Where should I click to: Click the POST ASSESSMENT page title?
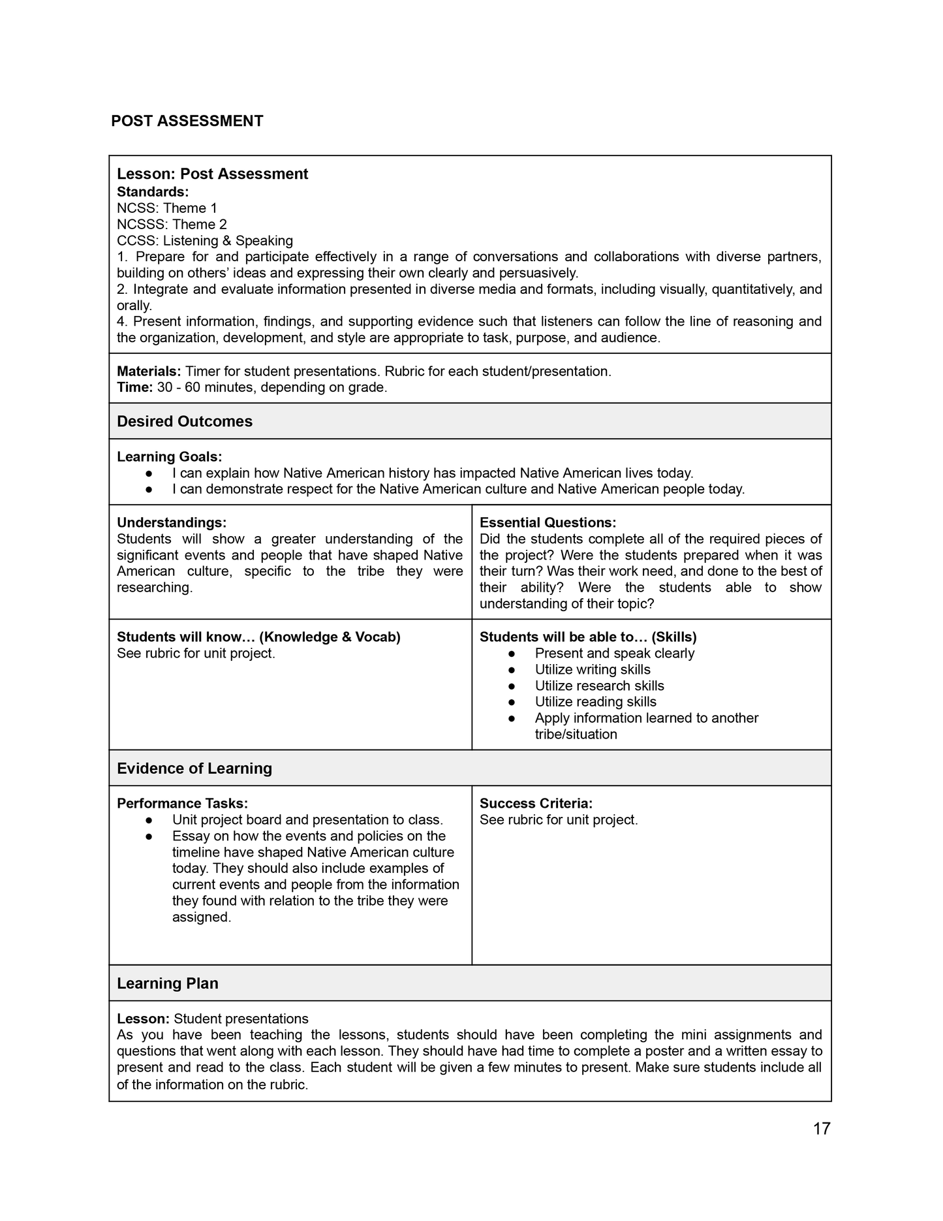(187, 121)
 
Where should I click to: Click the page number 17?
(822, 1128)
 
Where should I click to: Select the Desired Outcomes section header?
(185, 421)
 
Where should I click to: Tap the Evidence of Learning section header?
(194, 768)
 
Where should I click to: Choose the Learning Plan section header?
(168, 983)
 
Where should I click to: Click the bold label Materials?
(149, 372)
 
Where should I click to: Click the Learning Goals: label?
(169, 457)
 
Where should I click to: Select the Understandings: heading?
(172, 523)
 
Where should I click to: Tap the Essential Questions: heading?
(548, 523)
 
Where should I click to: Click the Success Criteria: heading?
(536, 804)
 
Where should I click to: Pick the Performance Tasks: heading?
(182, 804)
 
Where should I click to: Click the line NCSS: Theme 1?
(167, 208)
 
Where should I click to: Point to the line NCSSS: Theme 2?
(172, 225)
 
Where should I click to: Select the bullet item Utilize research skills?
(599, 686)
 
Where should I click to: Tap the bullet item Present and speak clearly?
(614, 654)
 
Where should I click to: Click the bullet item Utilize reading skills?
(595, 702)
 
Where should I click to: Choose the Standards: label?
(153, 192)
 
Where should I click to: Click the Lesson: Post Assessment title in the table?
(212, 174)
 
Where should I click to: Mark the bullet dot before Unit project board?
(149, 820)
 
